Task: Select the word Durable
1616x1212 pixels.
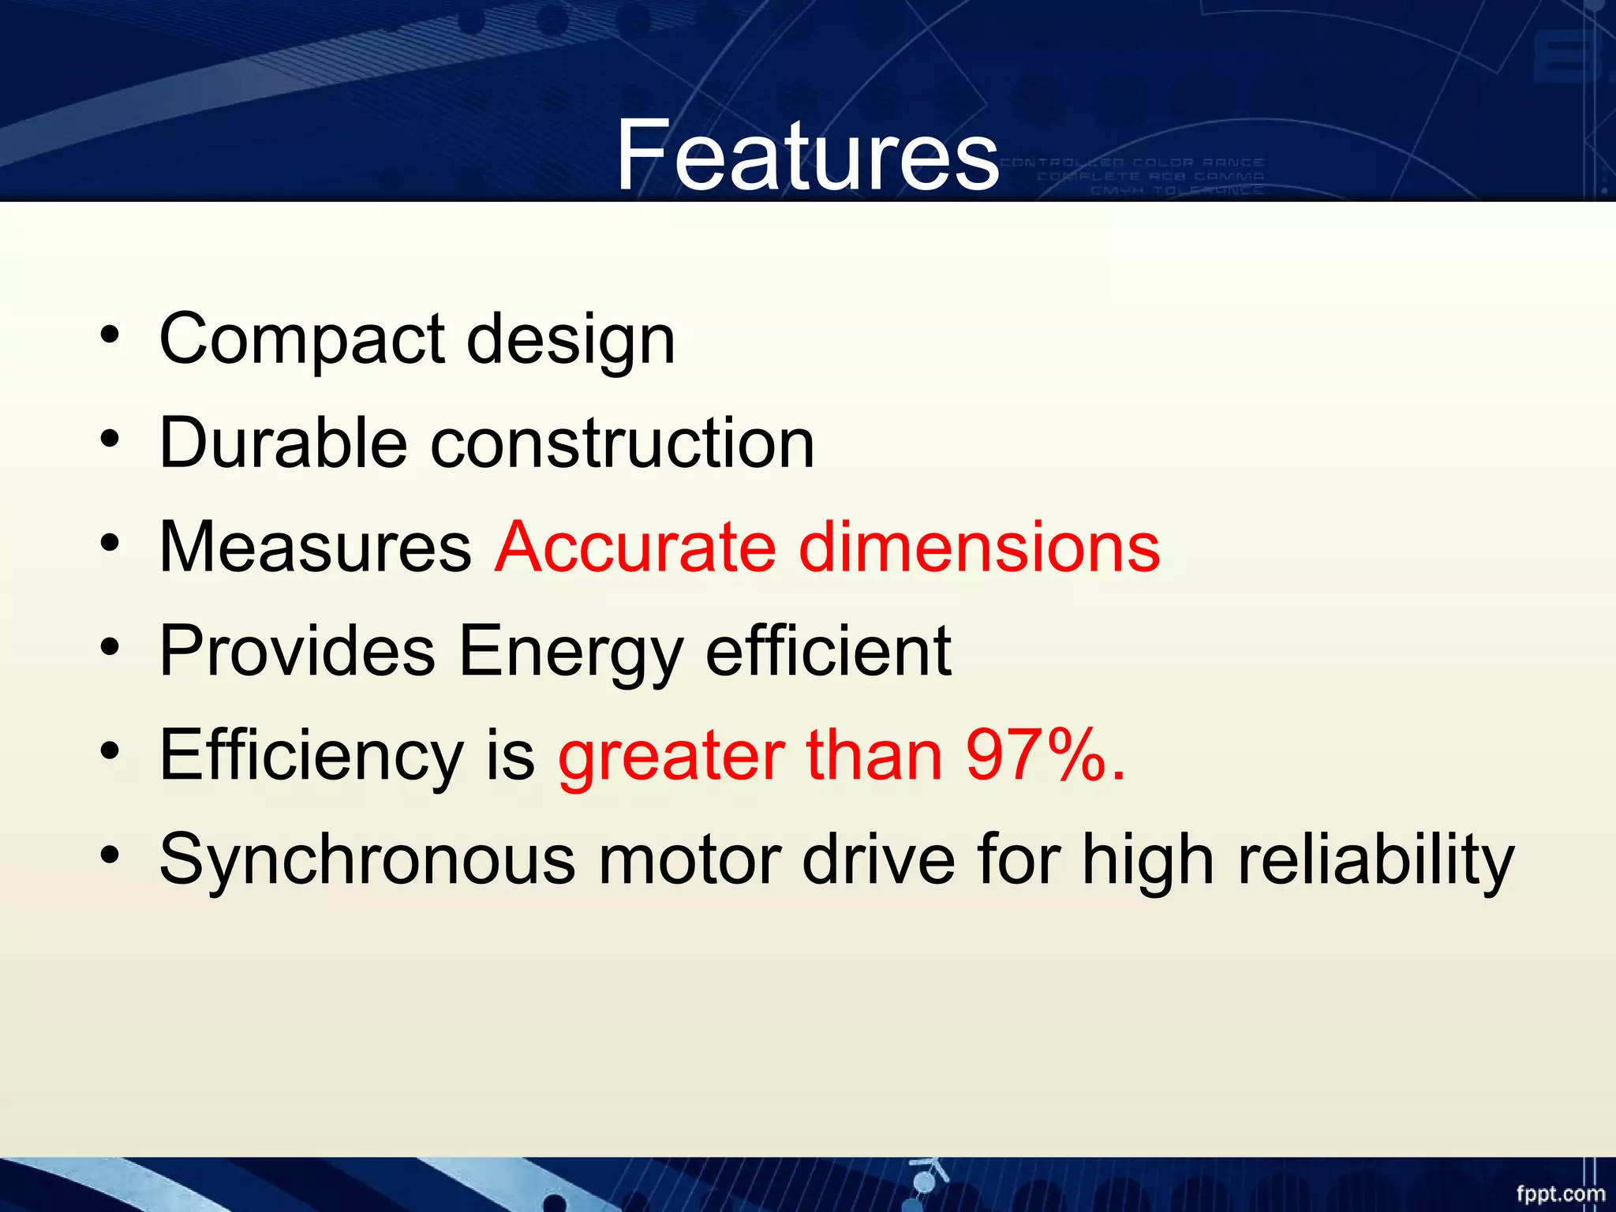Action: coord(283,443)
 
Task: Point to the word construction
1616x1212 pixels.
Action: coord(622,443)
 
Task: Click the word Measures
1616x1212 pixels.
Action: coord(315,547)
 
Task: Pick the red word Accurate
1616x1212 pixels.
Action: coord(635,547)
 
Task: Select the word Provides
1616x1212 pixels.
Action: coord(297,651)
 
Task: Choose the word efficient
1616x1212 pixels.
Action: coord(829,651)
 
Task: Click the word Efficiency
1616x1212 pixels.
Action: coord(311,757)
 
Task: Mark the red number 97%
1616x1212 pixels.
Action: coord(1046,755)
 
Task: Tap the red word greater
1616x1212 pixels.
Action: coord(671,757)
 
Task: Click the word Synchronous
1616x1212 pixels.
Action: coord(367,860)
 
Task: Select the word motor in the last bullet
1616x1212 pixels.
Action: coord(690,860)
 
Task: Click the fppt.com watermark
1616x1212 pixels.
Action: coord(1560,1194)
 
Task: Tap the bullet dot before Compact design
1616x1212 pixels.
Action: coord(110,335)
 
